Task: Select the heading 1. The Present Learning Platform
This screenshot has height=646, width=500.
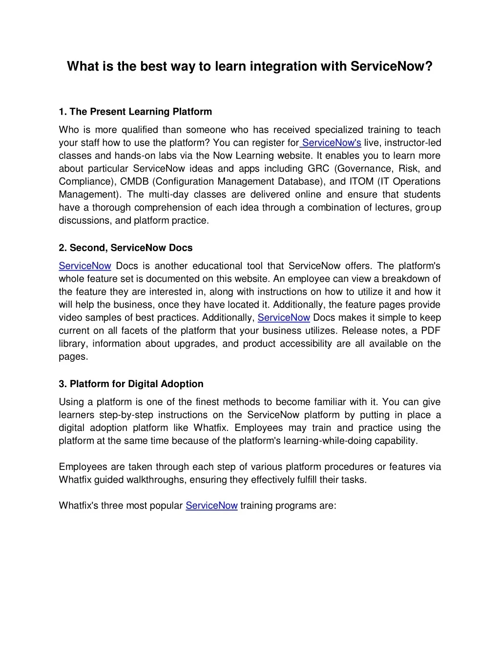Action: (135, 112)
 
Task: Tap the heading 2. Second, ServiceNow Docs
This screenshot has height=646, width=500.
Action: (125, 248)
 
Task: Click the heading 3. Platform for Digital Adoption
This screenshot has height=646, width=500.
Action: (131, 384)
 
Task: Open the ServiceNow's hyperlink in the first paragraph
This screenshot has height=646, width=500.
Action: (332, 143)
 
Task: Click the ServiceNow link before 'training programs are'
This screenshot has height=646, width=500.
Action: (211, 506)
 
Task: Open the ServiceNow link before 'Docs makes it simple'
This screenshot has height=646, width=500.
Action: (284, 318)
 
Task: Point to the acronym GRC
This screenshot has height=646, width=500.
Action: (318, 169)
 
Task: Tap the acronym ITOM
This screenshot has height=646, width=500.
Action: (361, 181)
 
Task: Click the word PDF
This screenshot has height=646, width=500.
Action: (431, 331)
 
